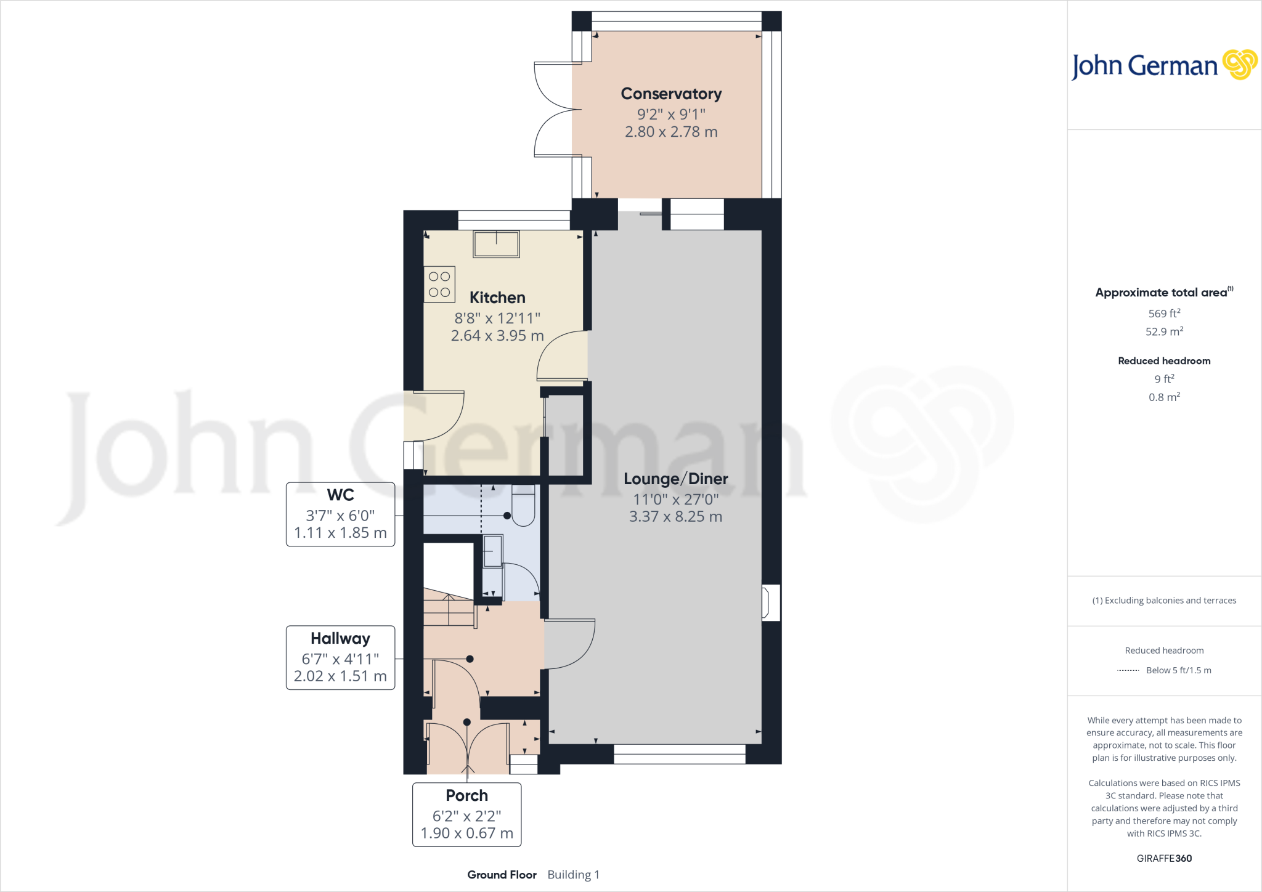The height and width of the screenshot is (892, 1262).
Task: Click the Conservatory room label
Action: pos(671,94)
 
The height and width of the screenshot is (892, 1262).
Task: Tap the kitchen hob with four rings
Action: pos(439,285)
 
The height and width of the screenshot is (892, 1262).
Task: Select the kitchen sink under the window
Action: pos(496,244)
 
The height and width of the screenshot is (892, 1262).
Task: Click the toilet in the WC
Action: pos(523,506)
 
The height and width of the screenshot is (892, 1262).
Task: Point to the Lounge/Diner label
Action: pos(675,479)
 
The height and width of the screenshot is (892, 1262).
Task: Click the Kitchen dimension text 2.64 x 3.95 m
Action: pos(497,336)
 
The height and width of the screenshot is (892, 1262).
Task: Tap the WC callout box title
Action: pos(340,495)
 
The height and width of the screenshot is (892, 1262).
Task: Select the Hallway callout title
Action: pos(340,638)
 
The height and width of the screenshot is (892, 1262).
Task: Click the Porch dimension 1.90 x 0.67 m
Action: pos(466,833)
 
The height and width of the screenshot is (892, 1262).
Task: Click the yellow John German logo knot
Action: pos(1239,65)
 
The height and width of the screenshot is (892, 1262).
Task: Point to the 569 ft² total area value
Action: pos(1164,314)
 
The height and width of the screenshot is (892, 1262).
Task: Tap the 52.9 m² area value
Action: pos(1164,331)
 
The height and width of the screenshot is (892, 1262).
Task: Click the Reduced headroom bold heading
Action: pos(1164,361)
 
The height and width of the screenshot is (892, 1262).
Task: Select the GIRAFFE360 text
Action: pos(1164,858)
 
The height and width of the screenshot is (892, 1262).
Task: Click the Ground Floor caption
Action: pos(502,875)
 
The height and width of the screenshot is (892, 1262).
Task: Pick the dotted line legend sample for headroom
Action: pos(1128,670)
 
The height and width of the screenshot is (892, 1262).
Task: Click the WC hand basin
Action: pos(492,551)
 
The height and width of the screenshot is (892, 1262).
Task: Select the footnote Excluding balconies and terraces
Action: pos(1164,601)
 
